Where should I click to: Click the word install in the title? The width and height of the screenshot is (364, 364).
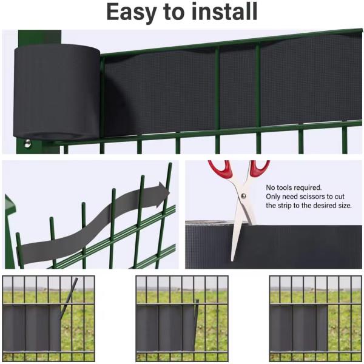click(x=224, y=12)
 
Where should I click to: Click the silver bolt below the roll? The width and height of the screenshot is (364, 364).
click(x=28, y=143)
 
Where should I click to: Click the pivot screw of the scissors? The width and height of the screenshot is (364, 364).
click(x=242, y=195)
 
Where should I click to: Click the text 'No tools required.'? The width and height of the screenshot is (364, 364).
click(x=294, y=188)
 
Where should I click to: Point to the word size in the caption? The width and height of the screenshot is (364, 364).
click(x=343, y=206)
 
